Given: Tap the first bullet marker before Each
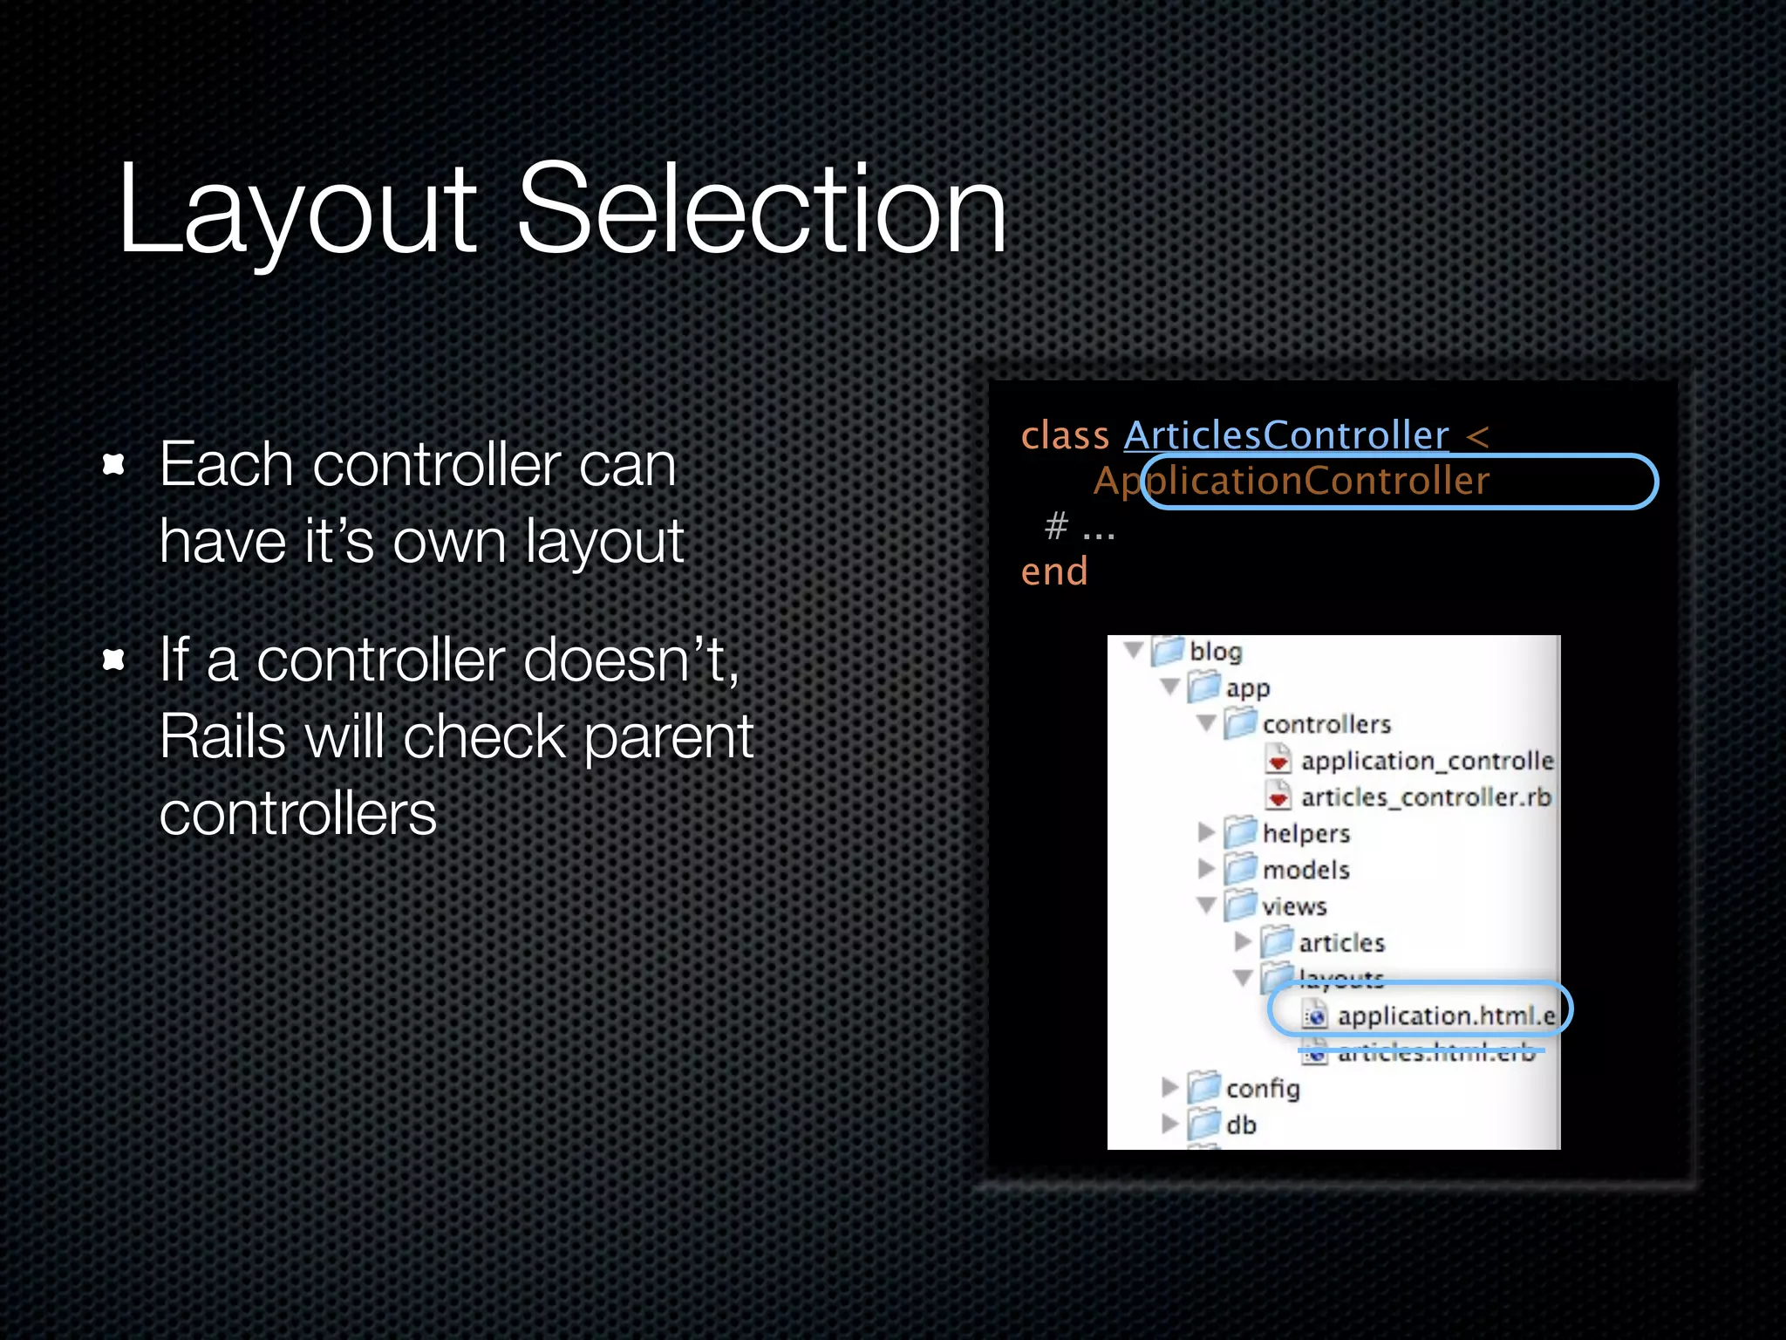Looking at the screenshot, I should (x=113, y=464).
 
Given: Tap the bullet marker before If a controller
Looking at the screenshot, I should (x=113, y=660).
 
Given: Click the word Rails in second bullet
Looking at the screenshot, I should (x=222, y=736).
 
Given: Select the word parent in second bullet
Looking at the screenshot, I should (x=668, y=738).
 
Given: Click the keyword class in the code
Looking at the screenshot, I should (x=1064, y=434).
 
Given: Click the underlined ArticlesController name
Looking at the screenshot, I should (x=1285, y=434).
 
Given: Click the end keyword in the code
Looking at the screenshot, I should (x=1054, y=571).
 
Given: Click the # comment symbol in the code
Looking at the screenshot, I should (x=1056, y=525).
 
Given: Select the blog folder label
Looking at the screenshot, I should (x=1215, y=652).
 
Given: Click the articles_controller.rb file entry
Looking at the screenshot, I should (x=1425, y=797).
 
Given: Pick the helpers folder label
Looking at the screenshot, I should (x=1305, y=833).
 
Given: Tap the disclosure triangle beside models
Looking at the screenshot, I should (x=1206, y=869).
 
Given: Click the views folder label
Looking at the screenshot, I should (x=1294, y=906).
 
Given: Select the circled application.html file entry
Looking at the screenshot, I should (x=1444, y=1016).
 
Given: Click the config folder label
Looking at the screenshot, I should (x=1262, y=1089).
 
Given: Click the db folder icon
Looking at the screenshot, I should (x=1203, y=1124).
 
